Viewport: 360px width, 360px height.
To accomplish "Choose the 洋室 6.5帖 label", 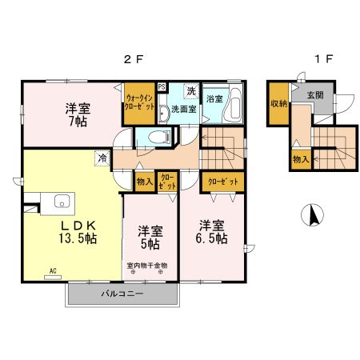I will (x=210, y=231).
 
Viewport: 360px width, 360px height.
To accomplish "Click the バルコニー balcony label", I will (x=122, y=294).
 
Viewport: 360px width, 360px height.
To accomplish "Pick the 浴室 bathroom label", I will (x=214, y=99).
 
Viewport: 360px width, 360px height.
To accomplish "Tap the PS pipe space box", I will (x=161, y=87).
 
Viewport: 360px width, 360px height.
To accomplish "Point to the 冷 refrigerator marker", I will (x=103, y=158).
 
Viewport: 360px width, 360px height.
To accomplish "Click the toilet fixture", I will (x=158, y=138).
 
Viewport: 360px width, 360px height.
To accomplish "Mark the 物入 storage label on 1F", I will (x=300, y=160).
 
